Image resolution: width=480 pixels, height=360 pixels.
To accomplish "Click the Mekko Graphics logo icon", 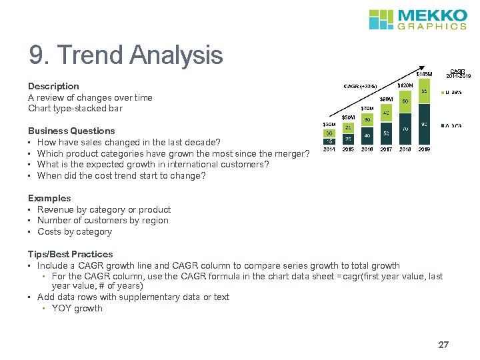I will [382, 19].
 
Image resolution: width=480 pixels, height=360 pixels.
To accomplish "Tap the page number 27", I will [443, 345].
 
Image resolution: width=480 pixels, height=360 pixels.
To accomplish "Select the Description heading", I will [53, 87].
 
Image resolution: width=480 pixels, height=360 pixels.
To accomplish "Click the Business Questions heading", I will [71, 131].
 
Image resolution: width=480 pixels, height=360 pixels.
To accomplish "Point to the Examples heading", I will [49, 199].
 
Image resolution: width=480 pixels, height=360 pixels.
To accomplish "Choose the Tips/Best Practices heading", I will [70, 254].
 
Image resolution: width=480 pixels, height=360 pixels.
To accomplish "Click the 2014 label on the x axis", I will [329, 149].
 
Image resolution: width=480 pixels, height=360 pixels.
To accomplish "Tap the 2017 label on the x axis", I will [385, 149].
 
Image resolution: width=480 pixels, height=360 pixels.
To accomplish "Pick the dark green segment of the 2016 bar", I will [367, 135].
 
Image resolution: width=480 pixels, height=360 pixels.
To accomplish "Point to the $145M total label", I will [425, 74].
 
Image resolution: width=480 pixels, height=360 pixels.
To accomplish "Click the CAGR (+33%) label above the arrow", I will [360, 86].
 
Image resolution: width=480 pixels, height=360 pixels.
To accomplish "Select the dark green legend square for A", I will [445, 125].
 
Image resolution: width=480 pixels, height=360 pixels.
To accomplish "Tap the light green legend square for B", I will [445, 91].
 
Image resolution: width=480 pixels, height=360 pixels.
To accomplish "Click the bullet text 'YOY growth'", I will [77, 309].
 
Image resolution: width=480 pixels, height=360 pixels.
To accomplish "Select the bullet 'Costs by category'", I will [74, 232].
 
